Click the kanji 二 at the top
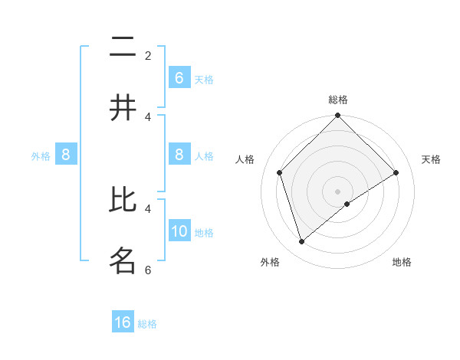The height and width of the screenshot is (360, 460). [x=123, y=47]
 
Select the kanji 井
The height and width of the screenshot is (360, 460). [x=123, y=108]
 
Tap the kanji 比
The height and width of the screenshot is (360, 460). [x=123, y=201]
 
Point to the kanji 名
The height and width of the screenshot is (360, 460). [x=123, y=260]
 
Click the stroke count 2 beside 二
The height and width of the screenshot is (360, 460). [x=148, y=55]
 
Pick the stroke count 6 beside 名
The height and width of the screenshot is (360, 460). [x=148, y=270]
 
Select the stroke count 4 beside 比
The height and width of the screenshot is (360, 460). [x=148, y=208]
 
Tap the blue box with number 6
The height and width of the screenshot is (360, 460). [x=179, y=78]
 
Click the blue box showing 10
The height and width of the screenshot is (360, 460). [x=179, y=232]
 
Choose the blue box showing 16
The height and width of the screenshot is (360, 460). [x=123, y=322]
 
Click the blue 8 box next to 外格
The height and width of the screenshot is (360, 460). [x=66, y=155]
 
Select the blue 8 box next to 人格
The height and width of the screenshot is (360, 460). [x=179, y=155]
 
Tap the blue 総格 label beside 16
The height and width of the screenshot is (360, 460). [x=147, y=323]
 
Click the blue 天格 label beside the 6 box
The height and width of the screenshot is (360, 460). [x=204, y=79]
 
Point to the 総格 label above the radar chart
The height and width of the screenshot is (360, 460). [x=338, y=100]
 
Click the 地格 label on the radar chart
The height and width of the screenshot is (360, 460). [x=402, y=262]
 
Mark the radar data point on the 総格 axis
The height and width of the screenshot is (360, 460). [x=338, y=116]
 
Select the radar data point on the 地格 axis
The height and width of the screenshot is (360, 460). [x=347, y=204]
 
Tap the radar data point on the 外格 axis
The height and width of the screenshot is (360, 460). [x=301, y=241]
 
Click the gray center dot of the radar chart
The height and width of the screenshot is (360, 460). [x=338, y=191]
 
